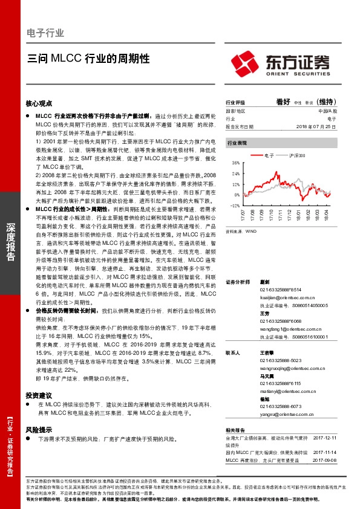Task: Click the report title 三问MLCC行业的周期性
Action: click(88, 59)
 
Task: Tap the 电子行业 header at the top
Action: click(45, 33)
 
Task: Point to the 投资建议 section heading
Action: click(39, 395)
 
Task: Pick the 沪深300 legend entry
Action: click(298, 156)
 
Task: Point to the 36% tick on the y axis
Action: click(236, 163)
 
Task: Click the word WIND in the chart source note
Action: click(250, 231)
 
